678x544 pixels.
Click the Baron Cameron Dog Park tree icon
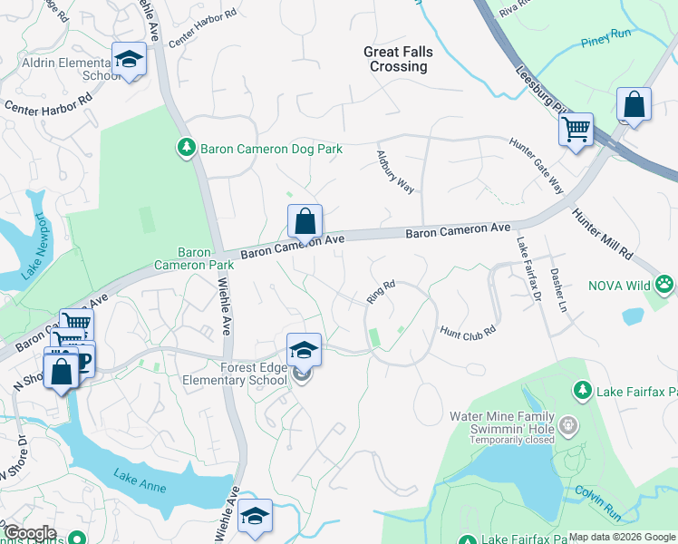click(x=186, y=147)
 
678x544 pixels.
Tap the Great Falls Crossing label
click(x=395, y=59)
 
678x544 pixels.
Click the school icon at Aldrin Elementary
click(x=129, y=60)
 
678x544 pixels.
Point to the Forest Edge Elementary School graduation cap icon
click(x=304, y=349)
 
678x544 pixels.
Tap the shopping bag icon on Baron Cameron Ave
click(x=305, y=220)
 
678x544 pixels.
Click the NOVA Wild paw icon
click(x=665, y=285)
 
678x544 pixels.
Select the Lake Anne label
click(x=140, y=480)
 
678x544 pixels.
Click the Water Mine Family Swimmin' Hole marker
click(x=567, y=423)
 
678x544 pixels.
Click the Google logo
click(x=29, y=533)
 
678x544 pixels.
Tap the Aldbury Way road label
click(x=395, y=171)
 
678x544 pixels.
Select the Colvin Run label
click(x=599, y=505)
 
